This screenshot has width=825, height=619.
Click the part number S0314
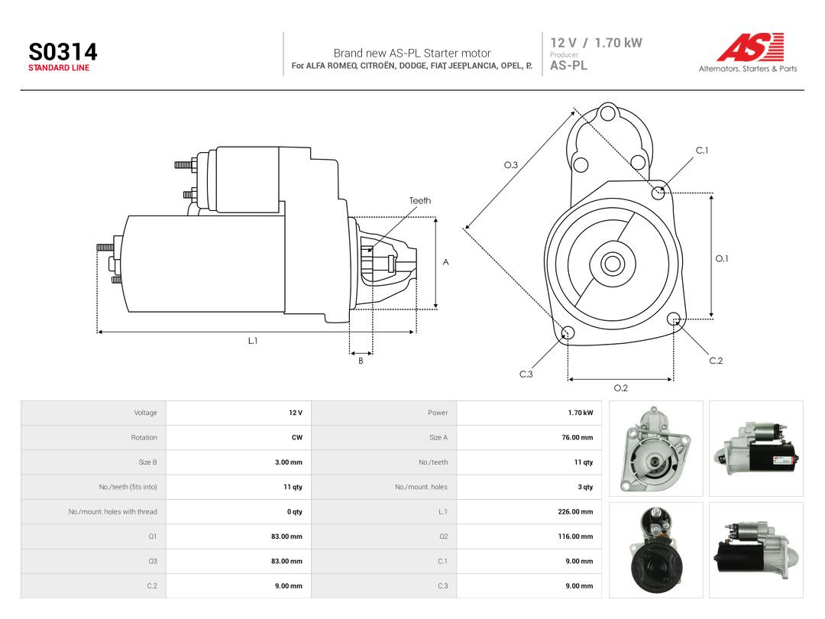coord(63,52)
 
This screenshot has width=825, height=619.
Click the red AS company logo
coord(751,47)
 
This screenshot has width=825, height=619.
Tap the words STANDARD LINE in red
coord(59,68)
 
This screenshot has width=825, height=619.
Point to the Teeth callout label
coord(420,200)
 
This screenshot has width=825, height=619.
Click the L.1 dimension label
coord(253,341)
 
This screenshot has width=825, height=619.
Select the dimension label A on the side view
coord(445,262)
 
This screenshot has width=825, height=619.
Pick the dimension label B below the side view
coord(361,361)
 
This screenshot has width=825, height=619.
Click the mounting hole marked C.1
coord(658,193)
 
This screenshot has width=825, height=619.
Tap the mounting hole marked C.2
coord(674,319)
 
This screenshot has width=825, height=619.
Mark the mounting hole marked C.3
coord(568,332)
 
